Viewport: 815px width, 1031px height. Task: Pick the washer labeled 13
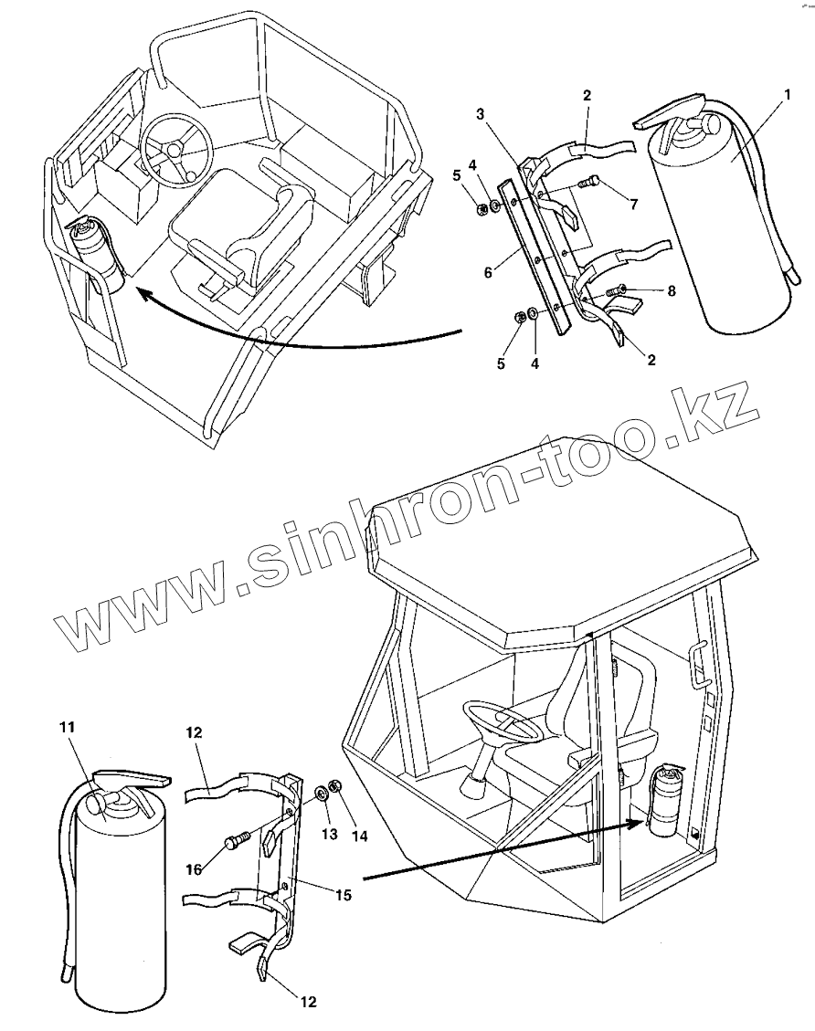point(322,793)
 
